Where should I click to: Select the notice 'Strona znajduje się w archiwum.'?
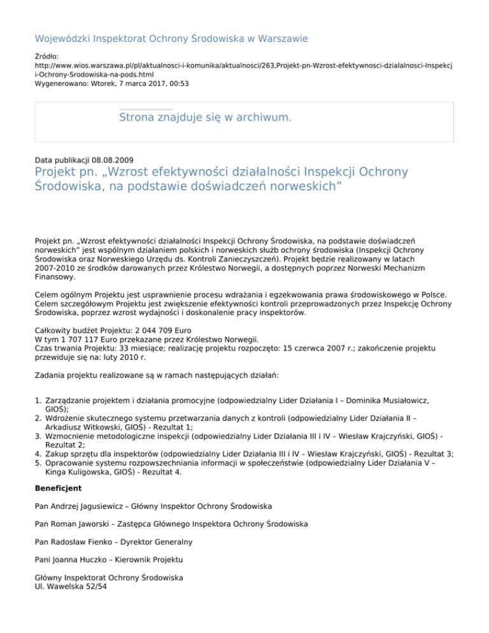pos(206,117)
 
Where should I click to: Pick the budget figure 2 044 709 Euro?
pos(155,332)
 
